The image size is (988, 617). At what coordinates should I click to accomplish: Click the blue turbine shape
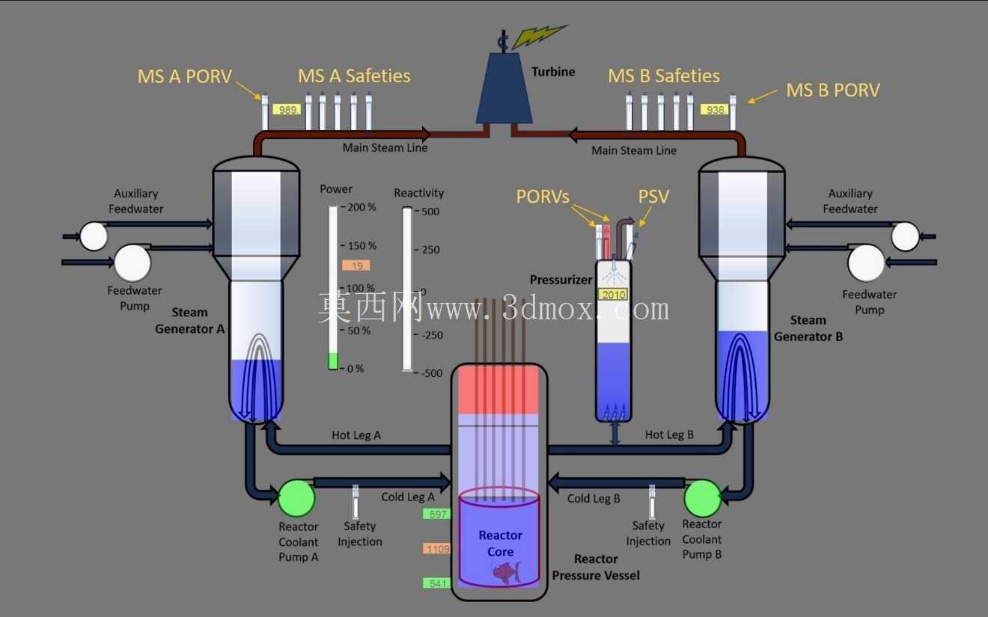(504, 88)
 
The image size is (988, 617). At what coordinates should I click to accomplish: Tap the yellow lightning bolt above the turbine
(540, 36)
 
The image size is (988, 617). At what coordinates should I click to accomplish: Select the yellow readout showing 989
(287, 109)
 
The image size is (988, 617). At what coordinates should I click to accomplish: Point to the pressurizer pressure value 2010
(613, 295)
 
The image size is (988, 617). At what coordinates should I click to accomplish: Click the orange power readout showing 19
(356, 265)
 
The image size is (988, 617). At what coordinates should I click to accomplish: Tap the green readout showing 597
(436, 514)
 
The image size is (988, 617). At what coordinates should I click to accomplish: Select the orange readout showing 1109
(436, 549)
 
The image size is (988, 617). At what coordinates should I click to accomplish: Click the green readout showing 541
(436, 583)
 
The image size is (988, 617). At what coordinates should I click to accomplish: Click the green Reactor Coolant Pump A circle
(297, 498)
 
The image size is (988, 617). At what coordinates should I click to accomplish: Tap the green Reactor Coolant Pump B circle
(702, 498)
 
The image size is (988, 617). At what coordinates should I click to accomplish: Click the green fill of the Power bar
(333, 361)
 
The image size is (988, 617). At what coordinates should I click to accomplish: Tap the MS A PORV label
(184, 76)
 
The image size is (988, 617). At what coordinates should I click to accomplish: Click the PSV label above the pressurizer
(653, 197)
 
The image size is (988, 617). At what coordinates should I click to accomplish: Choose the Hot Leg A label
(356, 435)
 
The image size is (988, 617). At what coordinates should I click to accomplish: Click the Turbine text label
(553, 72)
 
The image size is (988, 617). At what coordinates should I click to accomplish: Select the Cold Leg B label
(594, 498)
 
